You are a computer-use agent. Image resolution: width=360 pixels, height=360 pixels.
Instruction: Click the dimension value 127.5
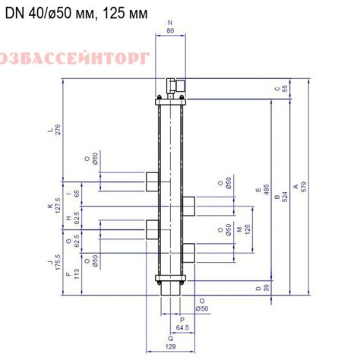[x=57, y=206]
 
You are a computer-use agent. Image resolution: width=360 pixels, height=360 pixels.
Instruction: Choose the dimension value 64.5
[x=182, y=327]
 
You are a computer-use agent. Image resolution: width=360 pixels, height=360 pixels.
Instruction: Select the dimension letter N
[x=169, y=24]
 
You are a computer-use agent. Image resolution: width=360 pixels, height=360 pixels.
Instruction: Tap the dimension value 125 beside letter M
[x=248, y=229]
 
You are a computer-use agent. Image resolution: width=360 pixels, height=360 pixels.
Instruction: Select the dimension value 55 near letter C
[x=286, y=88]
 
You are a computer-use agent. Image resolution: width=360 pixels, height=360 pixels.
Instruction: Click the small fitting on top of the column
[x=173, y=85]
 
